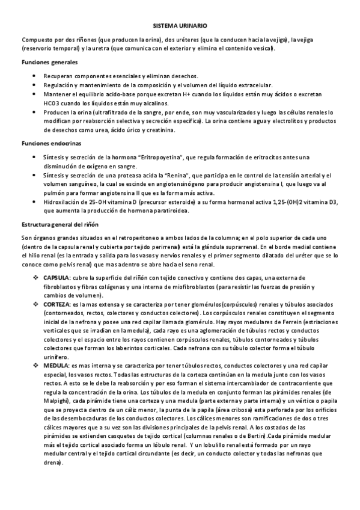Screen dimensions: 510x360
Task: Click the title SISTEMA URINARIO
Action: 180,26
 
